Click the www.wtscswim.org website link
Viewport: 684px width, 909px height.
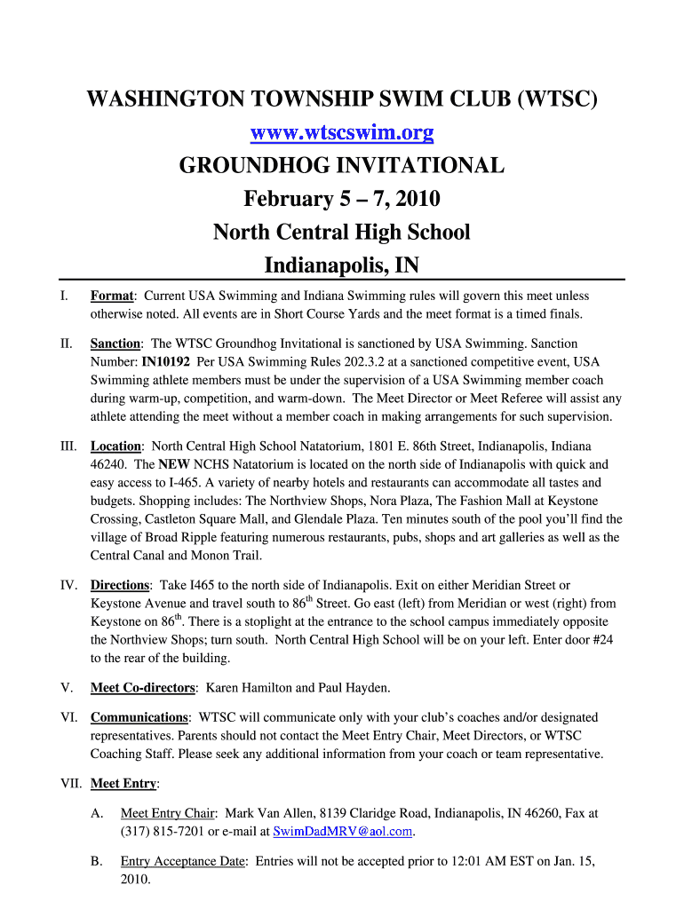[x=342, y=134]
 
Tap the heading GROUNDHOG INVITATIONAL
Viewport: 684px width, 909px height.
[x=342, y=166]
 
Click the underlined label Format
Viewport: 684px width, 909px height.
[x=112, y=296]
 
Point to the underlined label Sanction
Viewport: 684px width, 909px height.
[x=116, y=344]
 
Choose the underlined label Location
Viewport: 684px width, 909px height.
[x=116, y=447]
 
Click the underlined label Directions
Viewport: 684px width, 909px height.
[x=120, y=585]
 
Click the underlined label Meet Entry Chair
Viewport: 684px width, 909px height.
[x=168, y=813]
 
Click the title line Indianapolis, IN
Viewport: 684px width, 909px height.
[x=342, y=265]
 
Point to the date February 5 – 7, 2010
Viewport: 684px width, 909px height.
[x=342, y=199]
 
